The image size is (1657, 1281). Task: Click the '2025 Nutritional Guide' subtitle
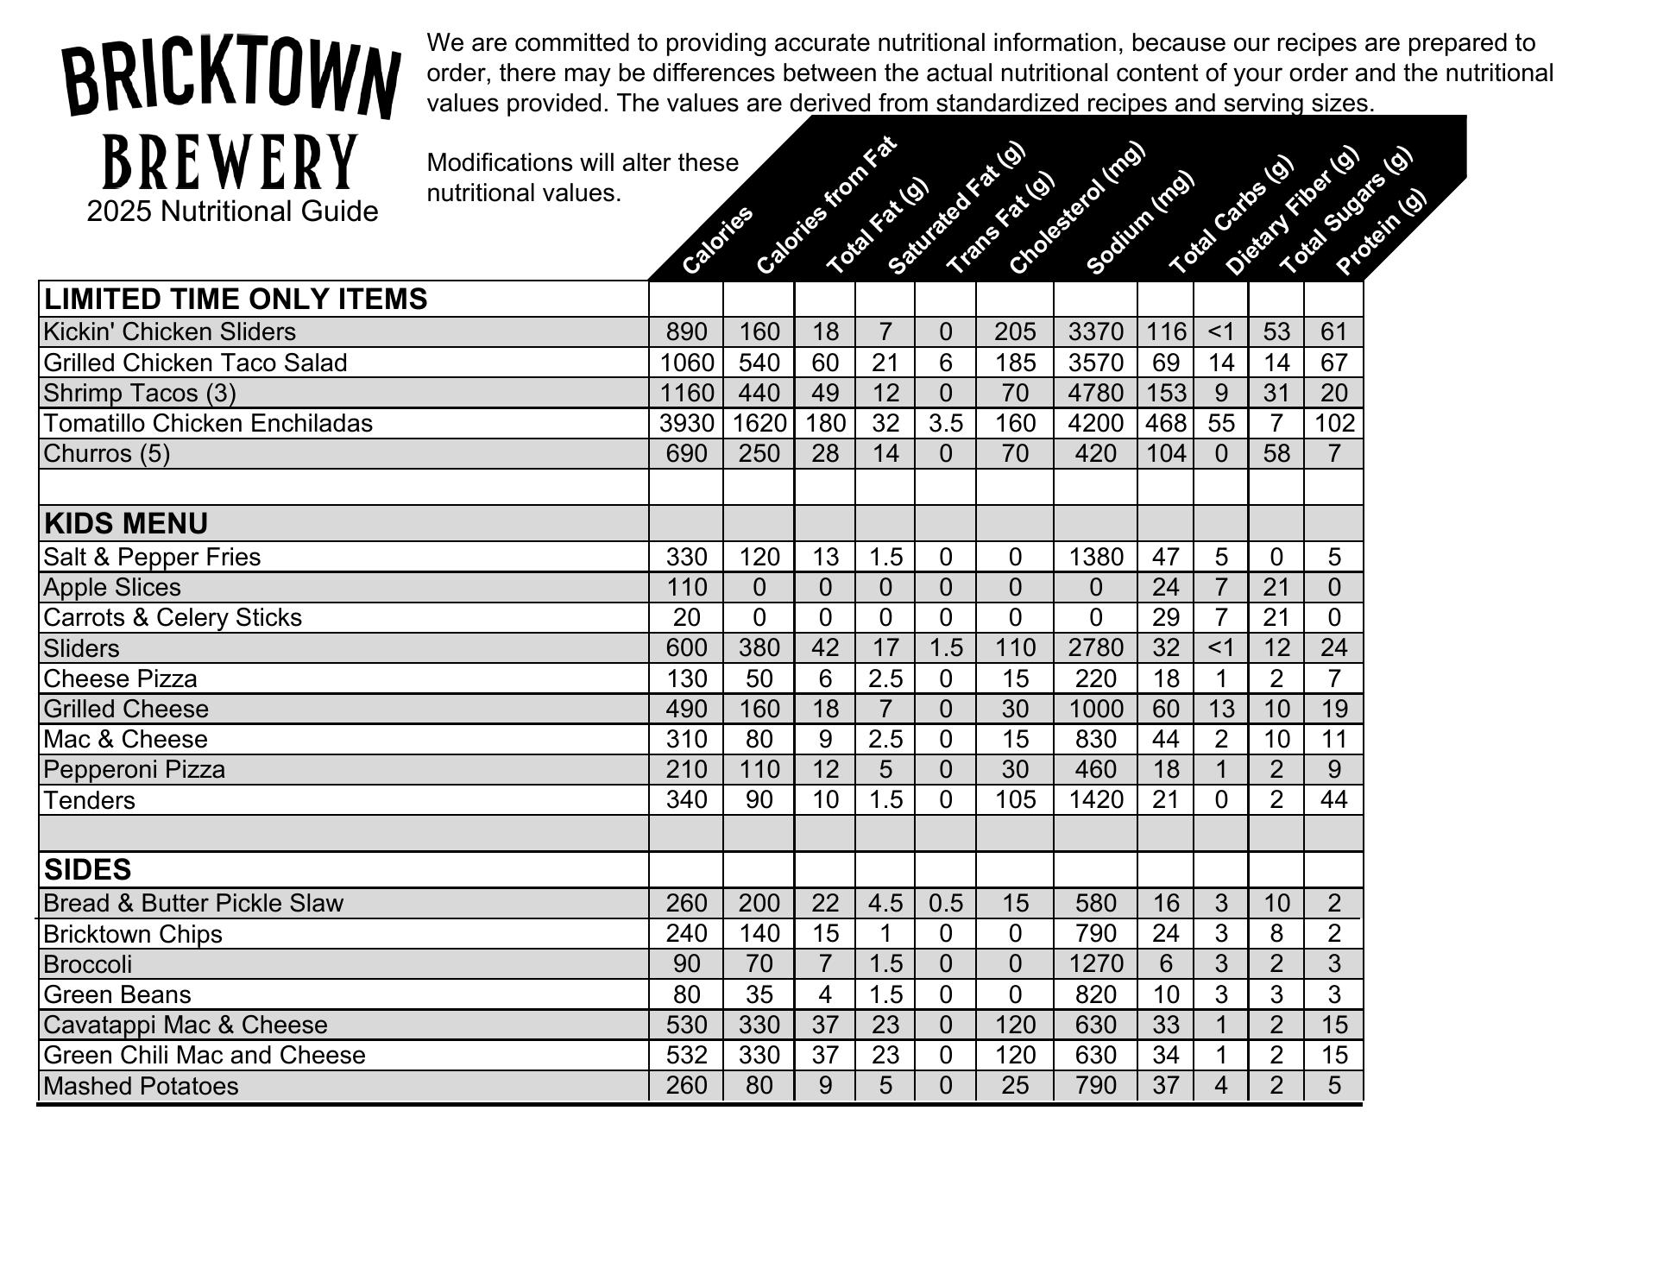click(x=232, y=211)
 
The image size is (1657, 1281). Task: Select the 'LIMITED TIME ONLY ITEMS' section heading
click(x=236, y=299)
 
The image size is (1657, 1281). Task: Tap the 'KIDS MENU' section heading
click(x=126, y=524)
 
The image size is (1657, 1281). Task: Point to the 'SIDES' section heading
click(x=87, y=869)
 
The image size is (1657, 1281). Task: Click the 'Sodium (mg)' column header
click(x=1139, y=223)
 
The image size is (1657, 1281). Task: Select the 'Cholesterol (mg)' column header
click(x=1075, y=209)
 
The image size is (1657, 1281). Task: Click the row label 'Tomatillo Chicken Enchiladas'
click(x=208, y=423)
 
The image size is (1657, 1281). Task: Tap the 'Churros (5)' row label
click(x=107, y=453)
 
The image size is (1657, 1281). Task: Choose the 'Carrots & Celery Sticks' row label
click(x=173, y=617)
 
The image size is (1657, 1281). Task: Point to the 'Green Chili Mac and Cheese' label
click(x=205, y=1055)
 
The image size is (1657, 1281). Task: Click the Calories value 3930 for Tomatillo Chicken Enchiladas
click(x=687, y=423)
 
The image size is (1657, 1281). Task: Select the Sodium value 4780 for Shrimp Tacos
click(x=1095, y=393)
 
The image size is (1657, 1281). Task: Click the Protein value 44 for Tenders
click(x=1333, y=799)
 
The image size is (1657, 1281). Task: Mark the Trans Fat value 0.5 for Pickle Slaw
click(x=945, y=903)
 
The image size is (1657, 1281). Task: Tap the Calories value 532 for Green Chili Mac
click(x=687, y=1055)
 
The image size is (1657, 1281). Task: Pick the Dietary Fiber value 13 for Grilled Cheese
click(x=1220, y=709)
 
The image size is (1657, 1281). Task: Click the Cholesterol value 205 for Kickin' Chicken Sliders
click(x=1014, y=331)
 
